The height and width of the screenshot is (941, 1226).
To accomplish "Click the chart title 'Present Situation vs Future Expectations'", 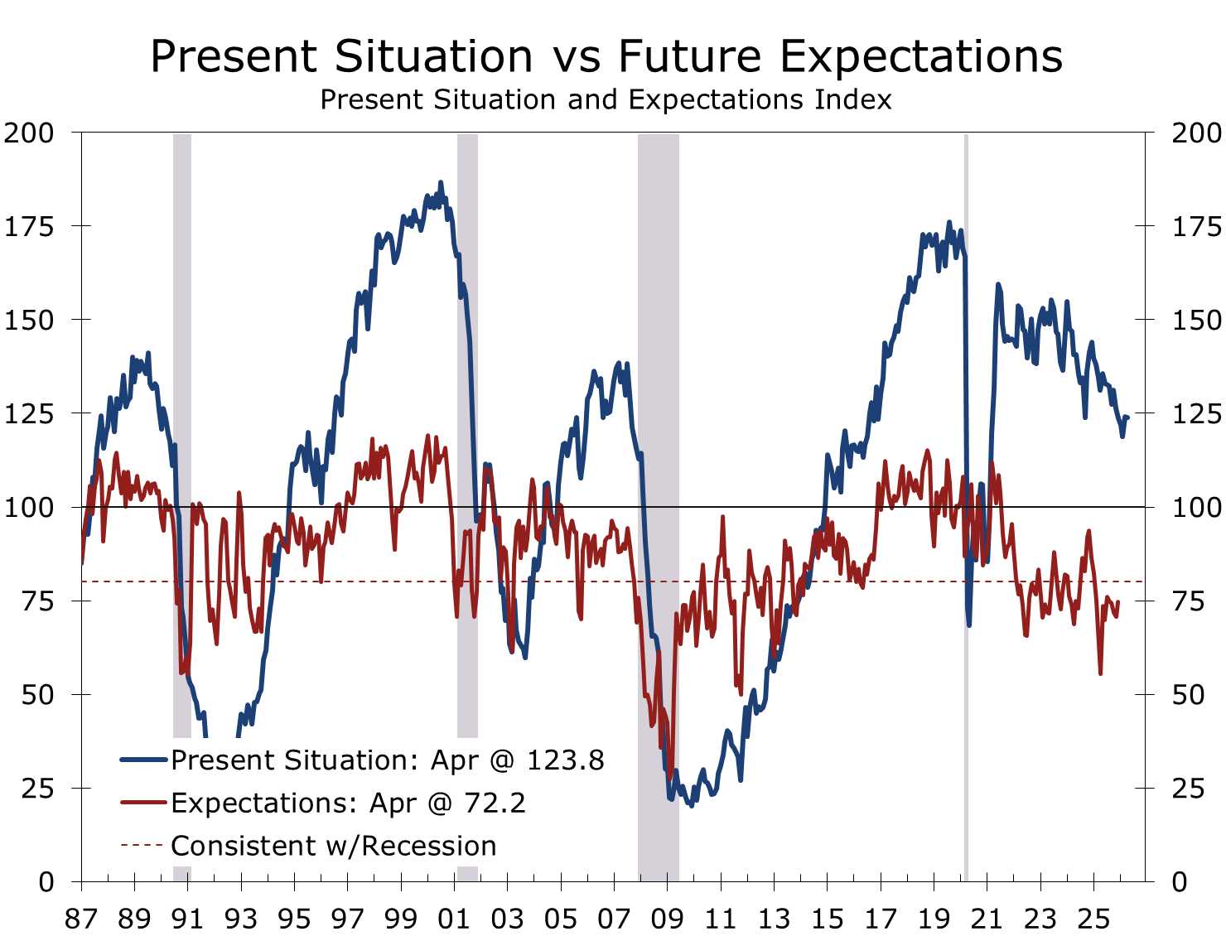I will [x=606, y=56].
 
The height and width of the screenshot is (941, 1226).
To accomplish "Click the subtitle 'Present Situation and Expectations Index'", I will [x=606, y=99].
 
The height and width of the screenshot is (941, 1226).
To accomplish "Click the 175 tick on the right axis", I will [x=1196, y=226].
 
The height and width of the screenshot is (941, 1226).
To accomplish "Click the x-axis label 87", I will [x=82, y=919].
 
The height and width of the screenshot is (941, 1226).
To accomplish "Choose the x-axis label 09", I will [x=668, y=919].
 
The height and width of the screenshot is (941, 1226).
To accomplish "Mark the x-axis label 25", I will [x=1093, y=919].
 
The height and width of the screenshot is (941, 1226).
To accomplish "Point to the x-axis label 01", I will [x=455, y=919].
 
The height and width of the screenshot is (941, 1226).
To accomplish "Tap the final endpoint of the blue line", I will [x=1127, y=417].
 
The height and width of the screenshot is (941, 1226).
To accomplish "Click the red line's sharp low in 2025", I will [x=1100, y=673].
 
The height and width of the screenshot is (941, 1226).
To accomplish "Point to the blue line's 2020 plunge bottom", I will [x=968, y=624].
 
